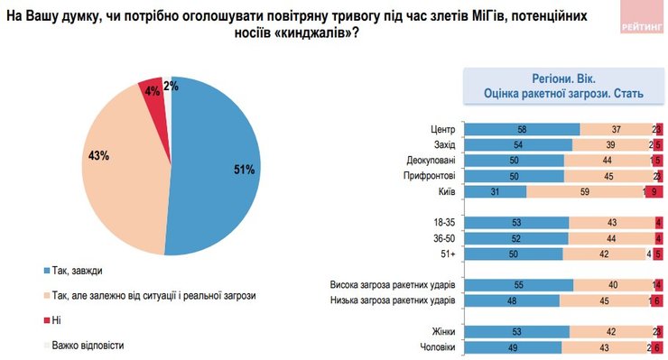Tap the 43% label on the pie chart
click(x=99, y=156)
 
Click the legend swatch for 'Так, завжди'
click(x=47, y=270)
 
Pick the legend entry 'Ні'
click(x=60, y=319)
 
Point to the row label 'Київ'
click(x=444, y=192)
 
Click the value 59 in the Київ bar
click(x=585, y=192)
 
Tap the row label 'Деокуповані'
click(x=430, y=161)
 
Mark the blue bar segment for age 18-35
click(x=515, y=223)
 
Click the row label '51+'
click(x=445, y=254)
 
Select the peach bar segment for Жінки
click(x=610, y=331)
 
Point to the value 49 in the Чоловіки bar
click(x=512, y=347)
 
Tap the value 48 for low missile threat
click(x=511, y=300)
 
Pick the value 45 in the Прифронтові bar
click(x=608, y=176)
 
